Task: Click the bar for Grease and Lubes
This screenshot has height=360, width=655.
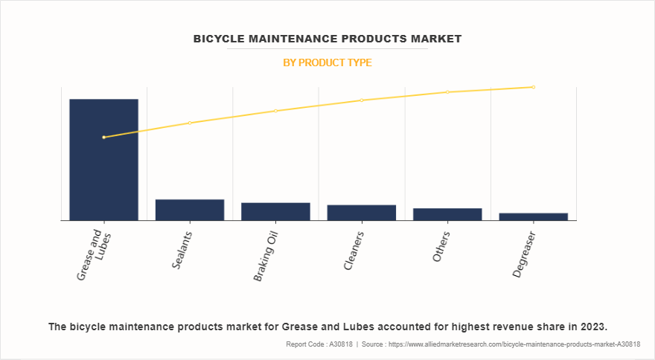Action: click(x=103, y=159)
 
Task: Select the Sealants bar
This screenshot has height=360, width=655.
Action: click(x=190, y=210)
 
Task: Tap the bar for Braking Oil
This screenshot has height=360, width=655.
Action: click(x=275, y=211)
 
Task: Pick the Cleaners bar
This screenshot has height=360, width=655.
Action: click(x=361, y=213)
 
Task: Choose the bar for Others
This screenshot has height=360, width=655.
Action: click(x=447, y=214)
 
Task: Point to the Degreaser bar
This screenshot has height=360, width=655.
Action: click(x=533, y=216)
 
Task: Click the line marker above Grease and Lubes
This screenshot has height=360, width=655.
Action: click(x=103, y=137)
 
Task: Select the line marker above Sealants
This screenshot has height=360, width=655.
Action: click(x=190, y=123)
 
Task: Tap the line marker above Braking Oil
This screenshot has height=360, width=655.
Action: click(x=275, y=111)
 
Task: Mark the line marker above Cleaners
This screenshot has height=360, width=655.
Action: click(x=361, y=100)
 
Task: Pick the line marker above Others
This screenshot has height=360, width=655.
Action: click(x=447, y=92)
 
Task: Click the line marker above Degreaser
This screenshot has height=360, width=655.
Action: click(x=533, y=87)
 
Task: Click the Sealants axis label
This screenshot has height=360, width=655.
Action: click(x=182, y=249)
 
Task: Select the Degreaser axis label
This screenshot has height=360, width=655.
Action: click(x=524, y=254)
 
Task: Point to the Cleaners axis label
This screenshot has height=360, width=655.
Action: click(x=354, y=250)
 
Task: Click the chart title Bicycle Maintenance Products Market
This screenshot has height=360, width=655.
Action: click(x=327, y=38)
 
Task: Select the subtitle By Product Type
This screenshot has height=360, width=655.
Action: click(x=327, y=63)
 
